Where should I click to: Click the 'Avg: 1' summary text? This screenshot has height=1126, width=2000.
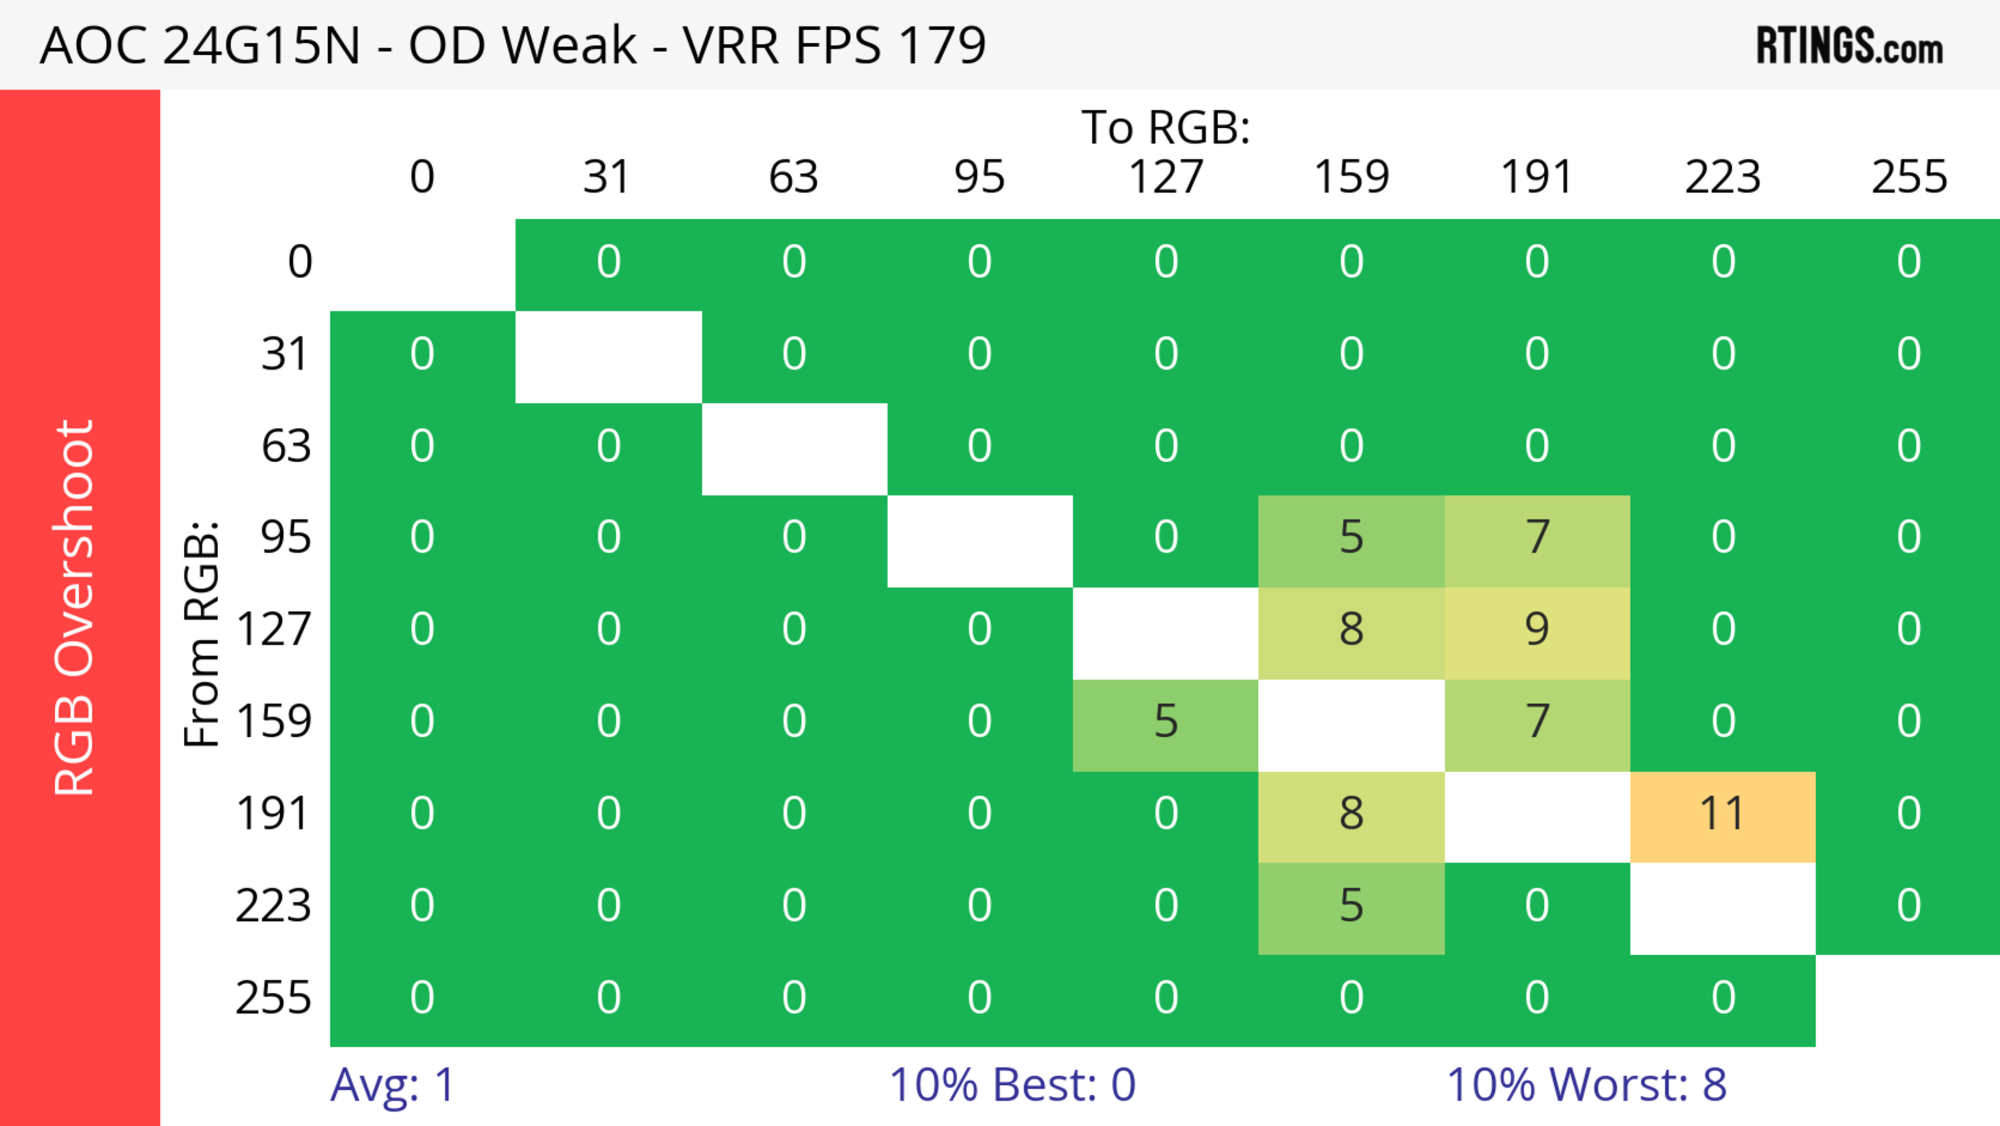[x=392, y=1084]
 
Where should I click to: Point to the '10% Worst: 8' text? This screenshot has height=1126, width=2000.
[x=1586, y=1084]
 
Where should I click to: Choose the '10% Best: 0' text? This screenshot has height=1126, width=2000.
[x=1011, y=1084]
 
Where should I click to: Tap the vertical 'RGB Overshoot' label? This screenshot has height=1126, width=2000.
[x=76, y=607]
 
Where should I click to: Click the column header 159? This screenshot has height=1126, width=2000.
[x=1351, y=177]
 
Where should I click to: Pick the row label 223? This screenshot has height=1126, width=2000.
[x=273, y=906]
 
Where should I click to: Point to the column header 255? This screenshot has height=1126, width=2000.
[x=1908, y=177]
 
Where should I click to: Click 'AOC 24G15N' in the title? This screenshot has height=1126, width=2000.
[x=201, y=45]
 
